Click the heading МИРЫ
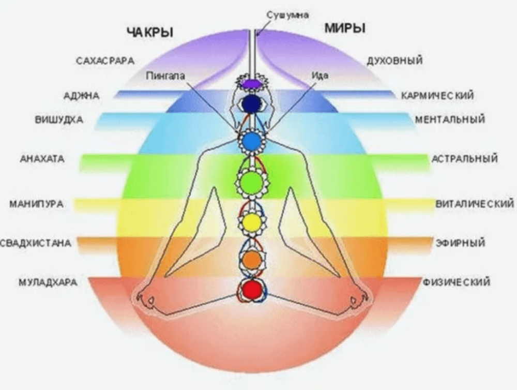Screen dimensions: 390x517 [x=345, y=28]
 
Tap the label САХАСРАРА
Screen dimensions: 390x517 [x=105, y=61]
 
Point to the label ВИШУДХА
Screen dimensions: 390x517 [x=59, y=120]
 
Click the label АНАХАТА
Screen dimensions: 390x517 [x=42, y=159]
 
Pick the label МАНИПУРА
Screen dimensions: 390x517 [x=36, y=204]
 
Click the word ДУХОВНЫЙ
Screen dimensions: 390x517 [x=394, y=61]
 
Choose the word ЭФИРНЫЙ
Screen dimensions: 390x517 [x=460, y=243]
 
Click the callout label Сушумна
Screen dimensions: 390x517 [x=287, y=15]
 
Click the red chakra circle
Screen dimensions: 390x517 [x=251, y=290]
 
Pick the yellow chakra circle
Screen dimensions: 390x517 [x=252, y=222]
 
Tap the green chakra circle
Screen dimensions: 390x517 [x=251, y=181]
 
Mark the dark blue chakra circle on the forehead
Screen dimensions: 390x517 [x=251, y=103]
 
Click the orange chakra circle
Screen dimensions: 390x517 [x=251, y=259]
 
